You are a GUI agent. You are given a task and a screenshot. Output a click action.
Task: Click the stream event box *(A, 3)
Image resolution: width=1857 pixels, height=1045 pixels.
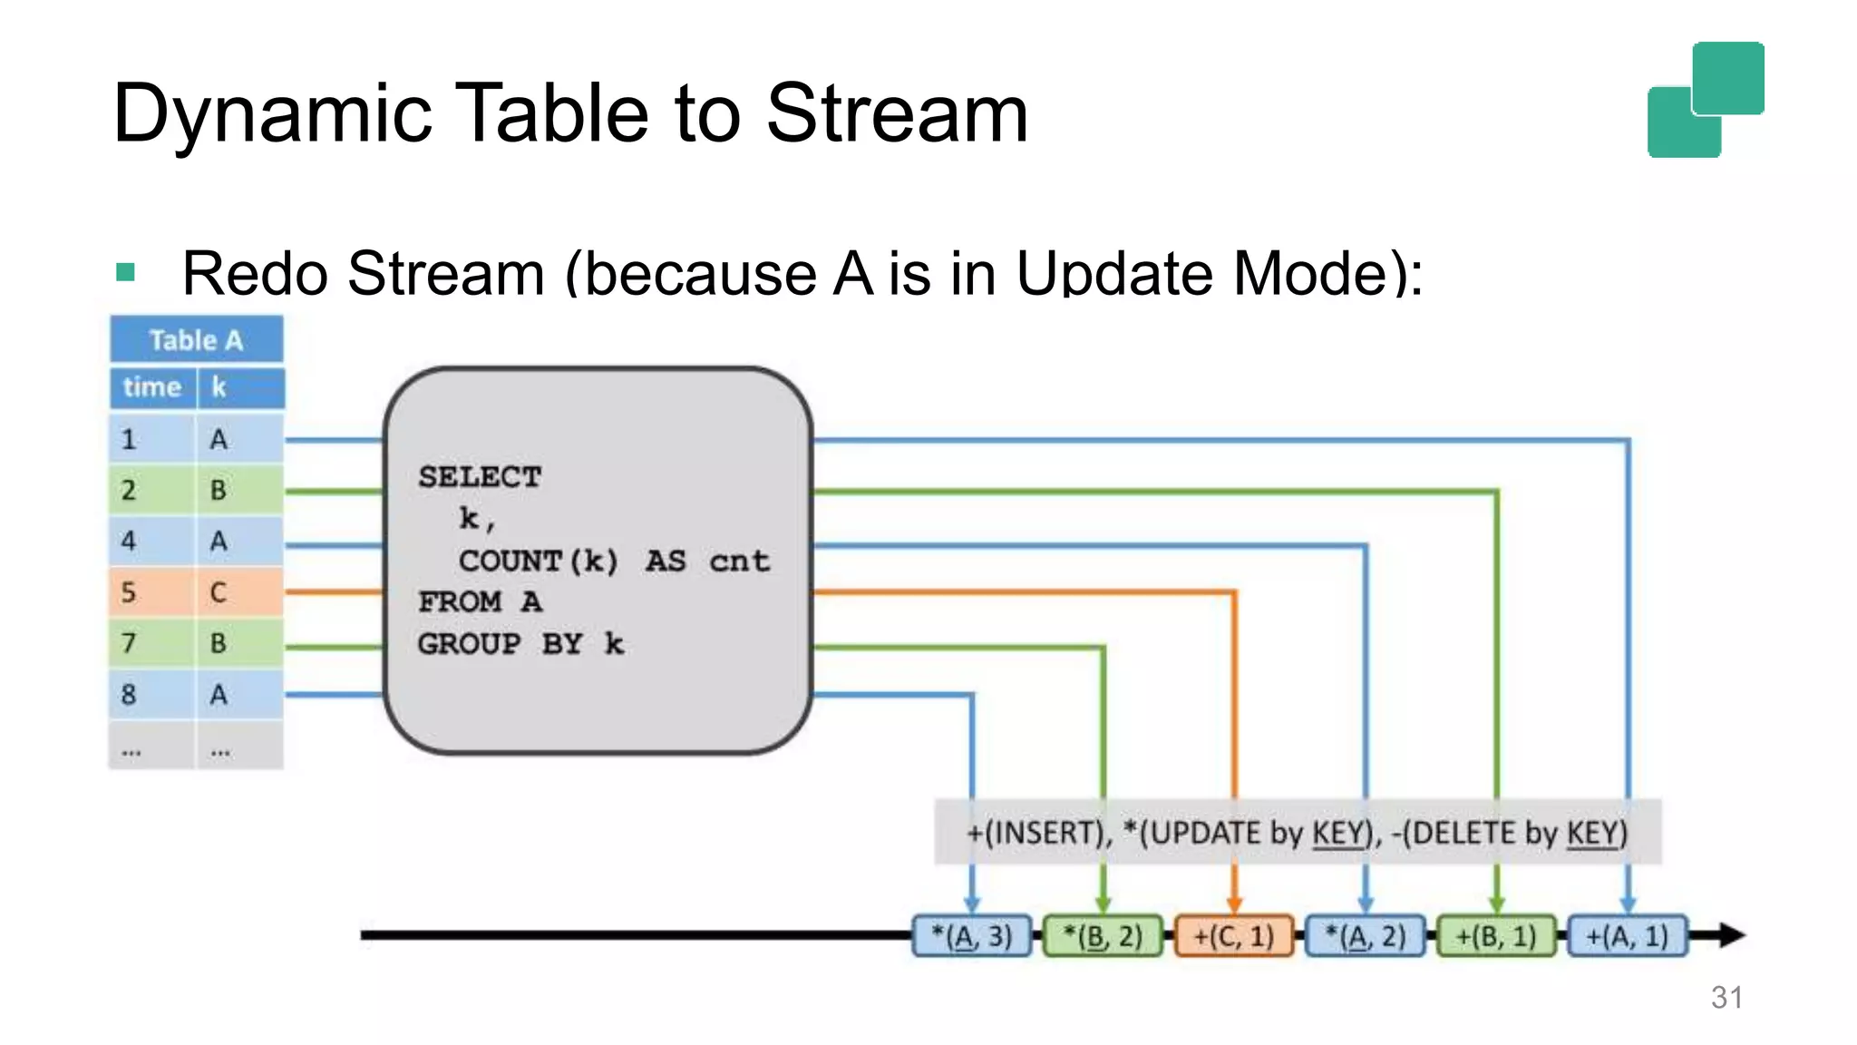(x=972, y=936)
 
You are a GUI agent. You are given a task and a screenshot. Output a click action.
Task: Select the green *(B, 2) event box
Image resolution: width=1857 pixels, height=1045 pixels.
(x=1103, y=936)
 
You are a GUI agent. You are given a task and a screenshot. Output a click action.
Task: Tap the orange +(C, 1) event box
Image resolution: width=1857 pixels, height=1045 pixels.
(x=1234, y=936)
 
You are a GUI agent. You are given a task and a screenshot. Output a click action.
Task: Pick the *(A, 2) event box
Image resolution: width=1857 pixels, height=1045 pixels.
(x=1366, y=936)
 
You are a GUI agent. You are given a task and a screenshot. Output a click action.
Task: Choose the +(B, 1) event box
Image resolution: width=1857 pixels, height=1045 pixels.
(x=1496, y=936)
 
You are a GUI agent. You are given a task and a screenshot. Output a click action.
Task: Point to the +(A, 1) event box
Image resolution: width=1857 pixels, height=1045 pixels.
(x=1628, y=936)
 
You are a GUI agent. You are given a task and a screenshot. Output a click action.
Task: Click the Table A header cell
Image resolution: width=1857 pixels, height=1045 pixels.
(x=196, y=340)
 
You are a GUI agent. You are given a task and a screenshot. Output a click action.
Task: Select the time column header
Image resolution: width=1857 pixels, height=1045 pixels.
(x=152, y=387)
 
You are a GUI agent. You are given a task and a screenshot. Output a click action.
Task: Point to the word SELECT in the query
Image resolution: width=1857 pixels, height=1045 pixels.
(x=480, y=477)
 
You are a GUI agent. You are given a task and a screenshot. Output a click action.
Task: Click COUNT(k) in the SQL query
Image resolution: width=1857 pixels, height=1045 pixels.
(x=539, y=561)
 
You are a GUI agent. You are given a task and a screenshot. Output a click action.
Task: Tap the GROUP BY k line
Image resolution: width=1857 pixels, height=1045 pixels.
(x=520, y=644)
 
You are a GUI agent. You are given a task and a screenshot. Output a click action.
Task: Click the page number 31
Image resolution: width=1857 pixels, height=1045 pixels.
(x=1726, y=998)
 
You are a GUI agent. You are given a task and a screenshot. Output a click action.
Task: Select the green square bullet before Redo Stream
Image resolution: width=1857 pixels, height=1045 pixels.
(x=126, y=272)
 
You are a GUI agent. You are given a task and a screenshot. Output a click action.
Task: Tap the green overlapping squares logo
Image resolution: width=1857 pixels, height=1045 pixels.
(x=1706, y=100)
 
